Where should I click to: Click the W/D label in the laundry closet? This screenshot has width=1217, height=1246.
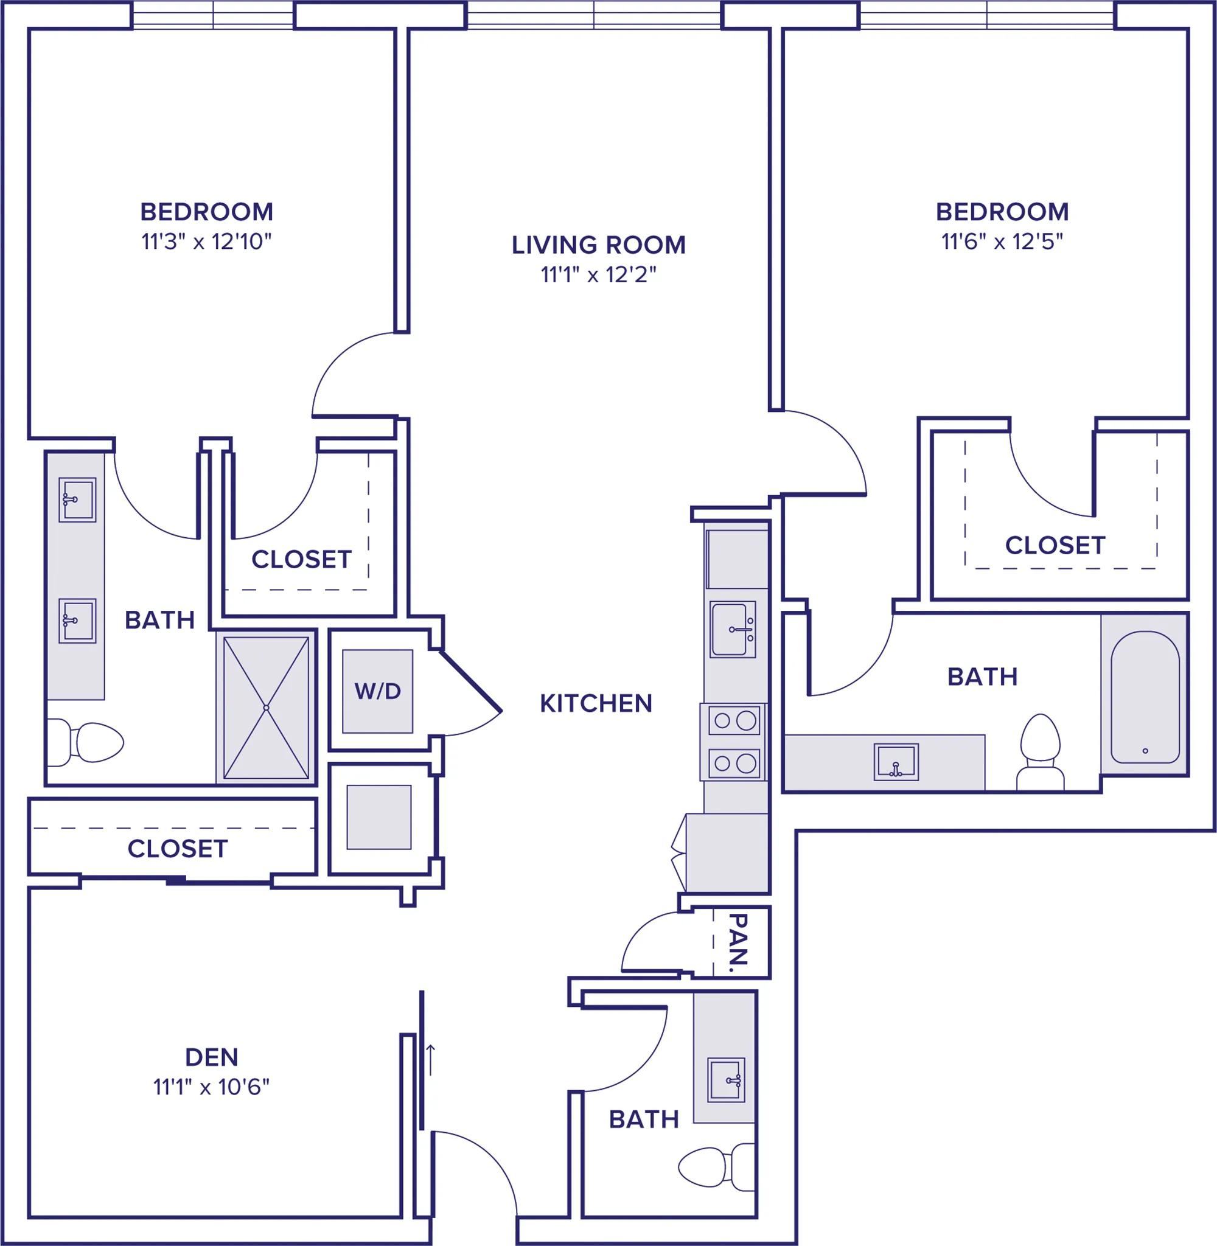[x=377, y=691]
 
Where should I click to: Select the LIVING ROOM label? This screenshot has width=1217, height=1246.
[x=598, y=245]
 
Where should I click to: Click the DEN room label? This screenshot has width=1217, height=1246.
[x=212, y=1057]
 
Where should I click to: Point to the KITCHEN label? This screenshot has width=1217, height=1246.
[x=596, y=703]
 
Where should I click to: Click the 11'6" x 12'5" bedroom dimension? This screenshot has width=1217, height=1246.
[x=1002, y=242]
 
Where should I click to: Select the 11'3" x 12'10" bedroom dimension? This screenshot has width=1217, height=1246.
[x=206, y=242]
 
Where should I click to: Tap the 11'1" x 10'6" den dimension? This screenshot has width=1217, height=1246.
[x=212, y=1087]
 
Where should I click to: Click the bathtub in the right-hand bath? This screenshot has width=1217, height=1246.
[x=1145, y=697]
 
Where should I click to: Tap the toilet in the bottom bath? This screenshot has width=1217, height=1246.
[x=716, y=1167]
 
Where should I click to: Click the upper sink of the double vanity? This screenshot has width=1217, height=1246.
[x=77, y=499]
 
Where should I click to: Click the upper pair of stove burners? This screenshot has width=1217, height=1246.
[x=734, y=721]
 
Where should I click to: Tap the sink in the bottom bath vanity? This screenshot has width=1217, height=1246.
[x=726, y=1080]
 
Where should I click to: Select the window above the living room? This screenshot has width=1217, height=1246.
[x=594, y=14]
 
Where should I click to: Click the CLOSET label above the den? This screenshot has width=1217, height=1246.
[x=177, y=849]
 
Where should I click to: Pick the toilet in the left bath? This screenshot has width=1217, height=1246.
[x=85, y=742]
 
